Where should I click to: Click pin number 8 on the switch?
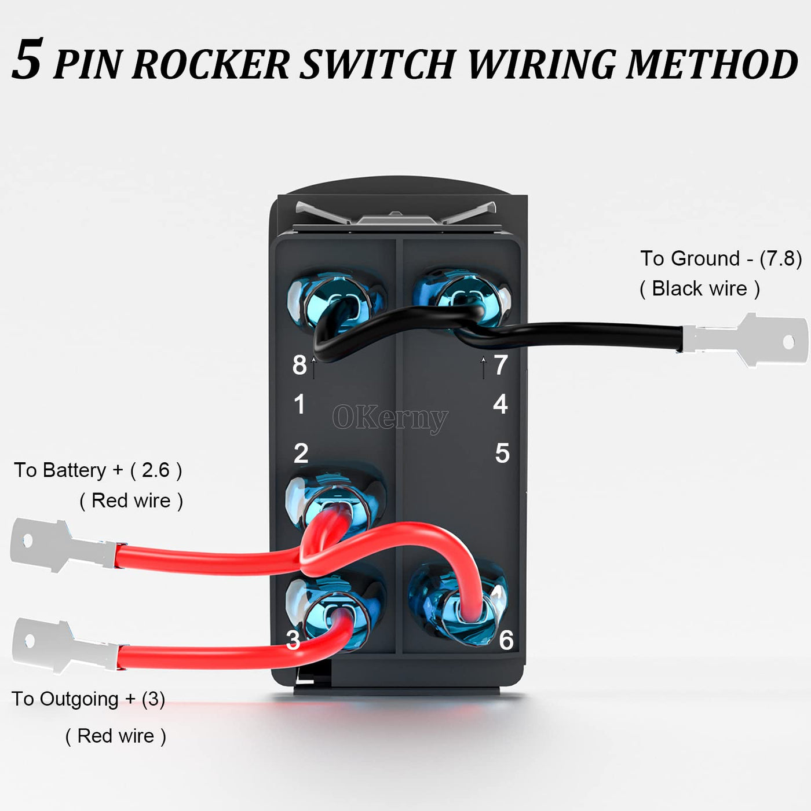coord(299,365)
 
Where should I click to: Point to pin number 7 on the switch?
coord(501,365)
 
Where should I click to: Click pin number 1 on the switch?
coord(299,404)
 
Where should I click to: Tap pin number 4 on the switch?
coord(501,404)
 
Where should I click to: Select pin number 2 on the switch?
coord(301,453)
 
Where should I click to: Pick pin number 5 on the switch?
coord(502,453)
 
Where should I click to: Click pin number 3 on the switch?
coord(293,640)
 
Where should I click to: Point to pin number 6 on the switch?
coord(506,640)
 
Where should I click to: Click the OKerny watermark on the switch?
coord(390,418)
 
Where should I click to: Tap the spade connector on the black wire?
coord(747,340)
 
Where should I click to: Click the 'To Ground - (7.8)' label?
coord(721,258)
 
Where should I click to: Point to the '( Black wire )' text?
coord(700,288)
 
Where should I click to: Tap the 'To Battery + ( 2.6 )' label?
coord(98,470)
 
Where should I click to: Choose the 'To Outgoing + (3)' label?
coord(88,699)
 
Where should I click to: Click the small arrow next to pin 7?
coord(484,367)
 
